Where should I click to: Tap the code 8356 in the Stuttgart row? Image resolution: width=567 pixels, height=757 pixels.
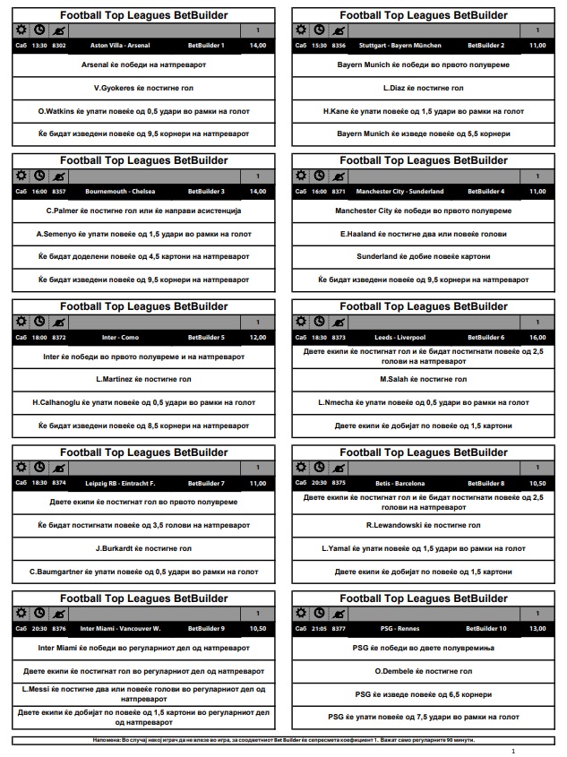point(339,45)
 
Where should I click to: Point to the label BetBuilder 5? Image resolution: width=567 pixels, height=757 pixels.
point(206,337)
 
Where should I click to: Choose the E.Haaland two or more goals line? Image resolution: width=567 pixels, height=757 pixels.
point(424,233)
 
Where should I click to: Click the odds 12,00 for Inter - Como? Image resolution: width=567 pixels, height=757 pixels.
point(258,337)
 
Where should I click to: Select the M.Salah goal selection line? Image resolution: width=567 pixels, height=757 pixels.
point(424,379)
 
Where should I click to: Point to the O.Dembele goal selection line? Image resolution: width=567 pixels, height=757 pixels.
point(424,671)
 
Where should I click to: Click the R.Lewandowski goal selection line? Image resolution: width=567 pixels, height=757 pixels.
point(424,525)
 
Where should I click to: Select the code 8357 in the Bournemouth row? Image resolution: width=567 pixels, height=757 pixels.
point(59,191)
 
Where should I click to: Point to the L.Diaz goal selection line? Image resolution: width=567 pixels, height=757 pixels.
point(424,88)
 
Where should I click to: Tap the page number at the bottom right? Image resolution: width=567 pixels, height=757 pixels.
point(512,751)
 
